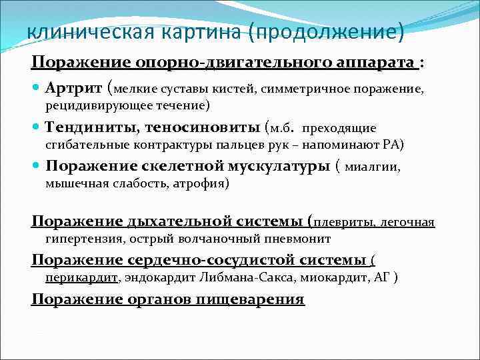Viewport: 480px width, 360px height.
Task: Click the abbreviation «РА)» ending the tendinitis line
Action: (391, 144)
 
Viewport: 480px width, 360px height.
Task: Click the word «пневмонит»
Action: (298, 239)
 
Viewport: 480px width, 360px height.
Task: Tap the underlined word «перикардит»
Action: (82, 277)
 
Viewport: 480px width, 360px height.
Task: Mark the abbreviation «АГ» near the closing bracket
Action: (380, 277)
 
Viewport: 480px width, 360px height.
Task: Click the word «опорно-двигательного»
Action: (205, 62)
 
